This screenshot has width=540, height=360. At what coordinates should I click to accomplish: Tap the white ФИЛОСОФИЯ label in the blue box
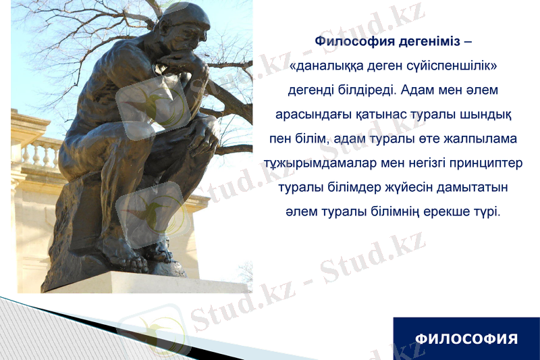tap(466, 338)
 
